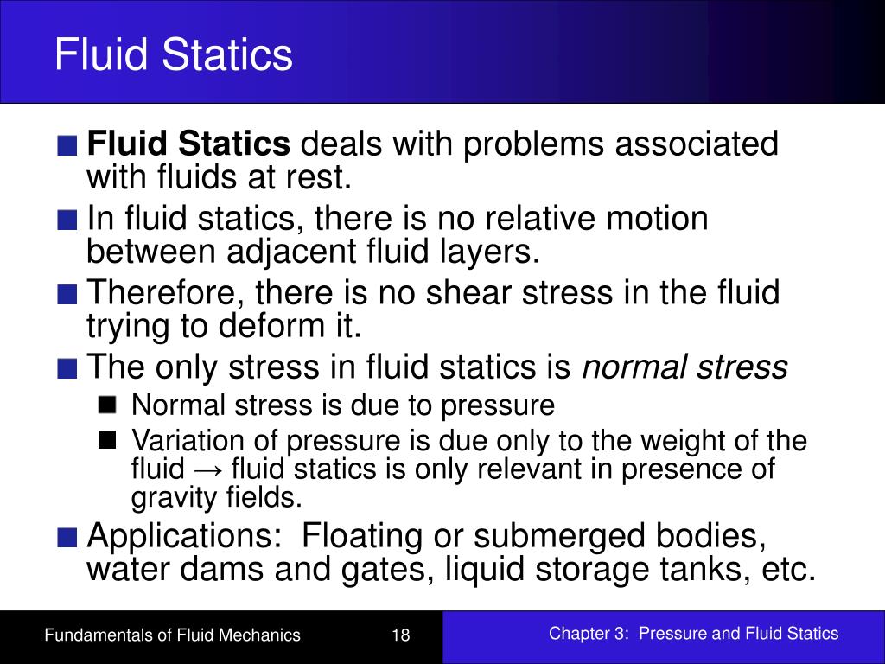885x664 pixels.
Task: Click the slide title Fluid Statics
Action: coord(173,54)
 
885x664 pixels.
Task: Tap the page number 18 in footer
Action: coord(400,635)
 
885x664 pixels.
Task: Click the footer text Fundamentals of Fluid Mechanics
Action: coord(173,635)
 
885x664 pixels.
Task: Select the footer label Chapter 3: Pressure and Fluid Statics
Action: coord(693,634)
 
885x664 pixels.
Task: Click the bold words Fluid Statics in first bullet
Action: coord(188,144)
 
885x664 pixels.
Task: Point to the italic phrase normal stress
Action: coord(685,367)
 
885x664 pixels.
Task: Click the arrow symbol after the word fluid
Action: coord(208,469)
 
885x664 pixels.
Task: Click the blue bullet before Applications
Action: coord(68,537)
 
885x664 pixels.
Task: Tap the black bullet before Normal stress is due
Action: coord(107,405)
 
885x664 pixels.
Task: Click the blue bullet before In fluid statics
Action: coord(68,220)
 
